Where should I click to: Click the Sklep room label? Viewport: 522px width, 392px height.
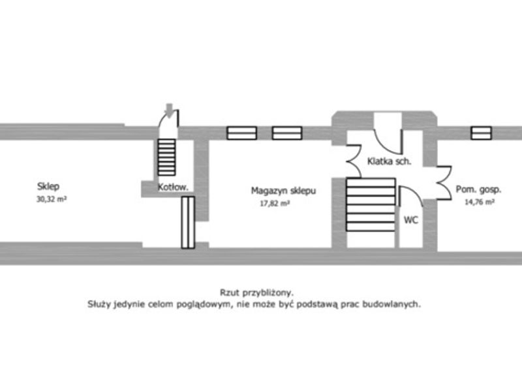(x=48, y=186)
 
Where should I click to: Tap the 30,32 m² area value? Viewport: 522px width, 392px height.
(x=52, y=199)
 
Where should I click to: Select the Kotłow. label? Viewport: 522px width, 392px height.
(x=173, y=187)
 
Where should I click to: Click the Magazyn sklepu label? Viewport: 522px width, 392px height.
(x=283, y=191)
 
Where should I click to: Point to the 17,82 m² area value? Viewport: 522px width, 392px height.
(x=275, y=203)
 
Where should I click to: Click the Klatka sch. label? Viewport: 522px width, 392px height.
(x=389, y=161)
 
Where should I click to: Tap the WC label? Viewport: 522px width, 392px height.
(x=411, y=220)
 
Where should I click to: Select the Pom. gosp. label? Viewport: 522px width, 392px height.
(x=478, y=189)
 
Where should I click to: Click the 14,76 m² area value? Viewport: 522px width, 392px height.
(x=480, y=202)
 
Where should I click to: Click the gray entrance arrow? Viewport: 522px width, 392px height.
(x=170, y=110)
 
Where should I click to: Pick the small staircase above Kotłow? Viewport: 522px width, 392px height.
(x=166, y=157)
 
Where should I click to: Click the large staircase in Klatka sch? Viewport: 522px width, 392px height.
(x=371, y=204)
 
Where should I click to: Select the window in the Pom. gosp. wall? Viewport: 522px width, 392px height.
(x=481, y=133)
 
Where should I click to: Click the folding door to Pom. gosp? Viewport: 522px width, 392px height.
(x=444, y=183)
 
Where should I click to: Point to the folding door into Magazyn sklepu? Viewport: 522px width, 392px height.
(x=354, y=161)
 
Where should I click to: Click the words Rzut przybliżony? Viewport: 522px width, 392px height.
(x=256, y=293)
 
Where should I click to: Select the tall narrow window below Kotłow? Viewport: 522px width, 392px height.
(x=188, y=222)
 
